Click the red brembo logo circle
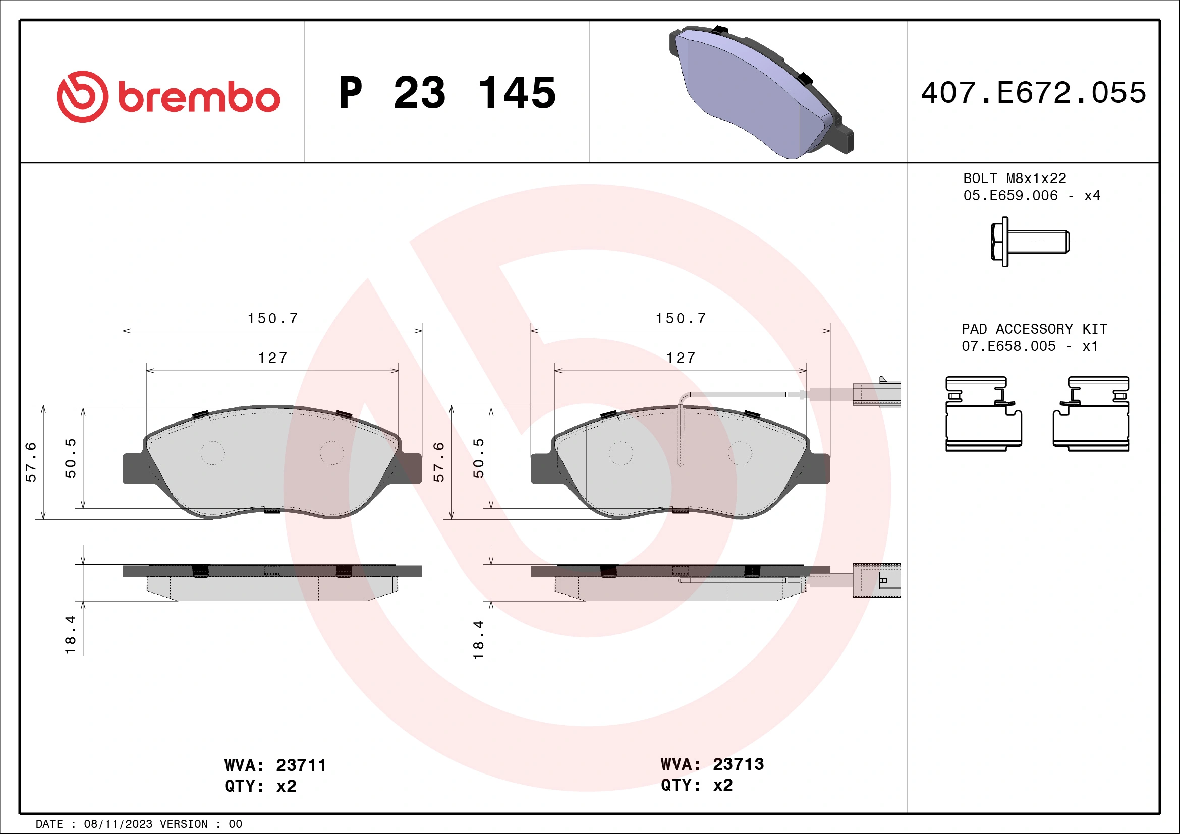pyautogui.click(x=82, y=96)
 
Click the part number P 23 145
pyautogui.click(x=447, y=93)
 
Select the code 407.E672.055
pyautogui.click(x=1033, y=93)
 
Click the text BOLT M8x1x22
pyautogui.click(x=1015, y=178)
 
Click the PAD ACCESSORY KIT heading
pyautogui.click(x=1034, y=329)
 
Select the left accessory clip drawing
pyautogui.click(x=983, y=414)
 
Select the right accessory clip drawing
pyautogui.click(x=1091, y=414)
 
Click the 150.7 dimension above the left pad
pyautogui.click(x=272, y=318)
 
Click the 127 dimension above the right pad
pyautogui.click(x=681, y=358)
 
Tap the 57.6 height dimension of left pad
pyautogui.click(x=31, y=461)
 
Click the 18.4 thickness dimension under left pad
pyautogui.click(x=71, y=634)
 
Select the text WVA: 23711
pyautogui.click(x=275, y=765)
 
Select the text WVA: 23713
pyautogui.click(x=712, y=764)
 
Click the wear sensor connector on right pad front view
pyautogui.click(x=876, y=394)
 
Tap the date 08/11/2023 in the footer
pyautogui.click(x=118, y=824)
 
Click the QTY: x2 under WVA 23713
pyautogui.click(x=696, y=785)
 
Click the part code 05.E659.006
pyautogui.click(x=1010, y=196)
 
